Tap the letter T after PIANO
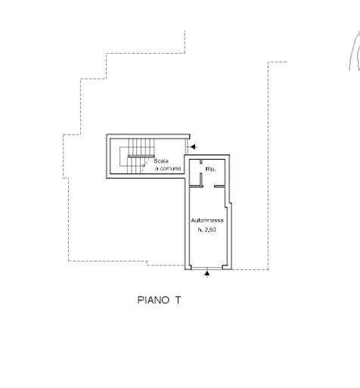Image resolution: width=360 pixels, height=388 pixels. pyautogui.click(x=178, y=300)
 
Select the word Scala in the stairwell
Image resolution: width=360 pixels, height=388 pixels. pyautogui.click(x=161, y=161)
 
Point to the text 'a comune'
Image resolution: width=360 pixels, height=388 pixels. pyautogui.click(x=168, y=168)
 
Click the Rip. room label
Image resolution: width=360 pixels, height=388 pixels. pyautogui.click(x=210, y=169)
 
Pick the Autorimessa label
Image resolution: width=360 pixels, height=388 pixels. pyautogui.click(x=207, y=220)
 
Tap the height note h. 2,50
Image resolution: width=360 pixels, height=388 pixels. pyautogui.click(x=207, y=230)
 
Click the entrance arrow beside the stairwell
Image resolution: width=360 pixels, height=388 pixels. pyautogui.click(x=194, y=147)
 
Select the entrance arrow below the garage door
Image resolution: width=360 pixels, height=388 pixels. pyautogui.click(x=207, y=274)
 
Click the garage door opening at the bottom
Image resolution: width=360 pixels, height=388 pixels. pyautogui.click(x=206, y=268)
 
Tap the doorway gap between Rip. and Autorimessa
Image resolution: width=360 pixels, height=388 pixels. pyautogui.click(x=209, y=187)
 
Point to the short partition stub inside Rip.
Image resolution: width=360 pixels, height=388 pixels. pyautogui.click(x=201, y=179)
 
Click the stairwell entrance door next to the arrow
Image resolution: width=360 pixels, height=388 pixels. pyautogui.click(x=187, y=147)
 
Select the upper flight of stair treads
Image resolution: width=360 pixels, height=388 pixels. pyautogui.click(x=141, y=147)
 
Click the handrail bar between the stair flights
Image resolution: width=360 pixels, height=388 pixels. pyautogui.click(x=141, y=157)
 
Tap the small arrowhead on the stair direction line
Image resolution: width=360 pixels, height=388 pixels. pyautogui.click(x=144, y=166)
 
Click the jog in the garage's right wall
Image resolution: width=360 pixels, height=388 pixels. pyautogui.click(x=228, y=205)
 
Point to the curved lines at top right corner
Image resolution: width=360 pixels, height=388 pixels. pyautogui.click(x=355, y=51)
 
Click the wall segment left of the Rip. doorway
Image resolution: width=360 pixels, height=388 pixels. pyautogui.click(x=196, y=187)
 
